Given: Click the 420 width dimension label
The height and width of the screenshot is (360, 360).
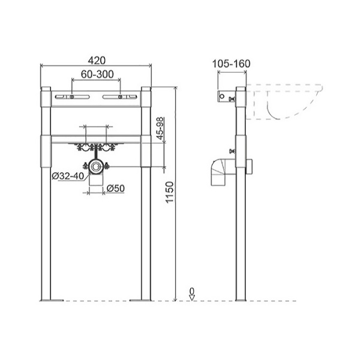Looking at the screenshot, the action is click(x=97, y=61).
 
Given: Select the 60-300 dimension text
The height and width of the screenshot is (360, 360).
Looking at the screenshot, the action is click(x=97, y=74).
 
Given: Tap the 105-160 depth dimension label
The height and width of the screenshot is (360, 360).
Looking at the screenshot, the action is click(x=231, y=64).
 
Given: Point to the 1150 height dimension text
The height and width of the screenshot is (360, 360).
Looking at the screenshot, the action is click(x=170, y=192).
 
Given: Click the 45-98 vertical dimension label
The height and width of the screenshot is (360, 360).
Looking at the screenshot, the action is click(x=160, y=128).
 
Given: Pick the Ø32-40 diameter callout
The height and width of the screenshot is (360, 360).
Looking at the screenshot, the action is click(x=68, y=176).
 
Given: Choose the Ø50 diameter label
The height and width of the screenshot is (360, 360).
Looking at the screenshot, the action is click(x=116, y=188).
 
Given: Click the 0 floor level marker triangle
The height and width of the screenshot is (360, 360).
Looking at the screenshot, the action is click(x=192, y=298).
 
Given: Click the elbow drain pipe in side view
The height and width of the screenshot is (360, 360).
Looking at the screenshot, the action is click(x=219, y=172).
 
